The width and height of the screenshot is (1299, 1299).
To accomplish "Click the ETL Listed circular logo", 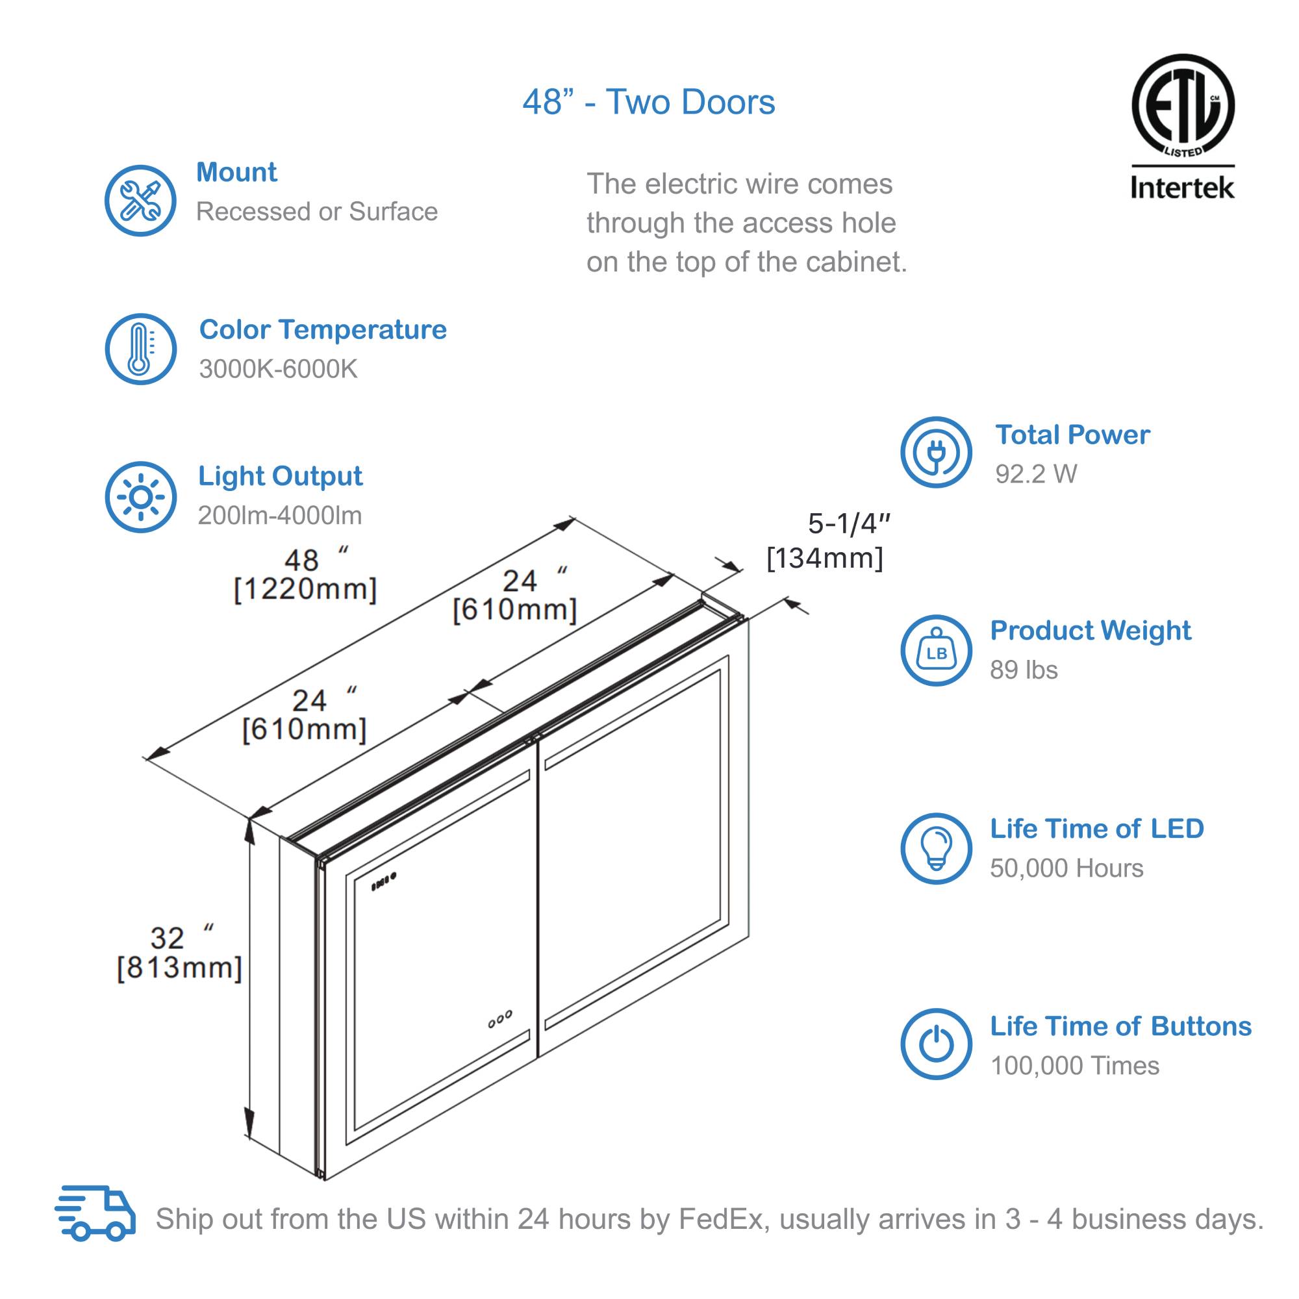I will click(x=1182, y=107).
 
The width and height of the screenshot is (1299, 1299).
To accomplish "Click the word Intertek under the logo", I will click(x=1182, y=188).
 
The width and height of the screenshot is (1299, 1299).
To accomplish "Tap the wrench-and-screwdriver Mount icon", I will click(x=140, y=200).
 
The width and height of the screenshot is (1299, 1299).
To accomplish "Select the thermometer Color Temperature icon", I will click(x=140, y=349).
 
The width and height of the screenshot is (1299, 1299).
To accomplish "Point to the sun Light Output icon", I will click(x=140, y=497).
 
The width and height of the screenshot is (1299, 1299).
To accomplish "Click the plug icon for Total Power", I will click(x=936, y=453).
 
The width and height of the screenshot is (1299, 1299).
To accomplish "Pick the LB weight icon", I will click(x=936, y=650).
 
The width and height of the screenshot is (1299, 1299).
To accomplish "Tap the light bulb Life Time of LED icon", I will click(x=936, y=848).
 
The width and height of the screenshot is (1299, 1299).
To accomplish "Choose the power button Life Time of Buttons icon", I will click(x=936, y=1044).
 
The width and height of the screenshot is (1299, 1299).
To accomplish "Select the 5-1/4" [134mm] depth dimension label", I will click(x=827, y=541).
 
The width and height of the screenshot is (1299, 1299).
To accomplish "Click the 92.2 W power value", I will click(x=1035, y=474).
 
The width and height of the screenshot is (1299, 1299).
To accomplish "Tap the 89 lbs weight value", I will click(x=1024, y=670).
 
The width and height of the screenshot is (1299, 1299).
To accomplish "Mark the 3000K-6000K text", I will click(x=278, y=369).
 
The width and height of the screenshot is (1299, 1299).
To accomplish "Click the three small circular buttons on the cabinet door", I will click(x=499, y=1019).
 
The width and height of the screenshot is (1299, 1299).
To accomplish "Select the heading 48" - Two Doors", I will click(x=649, y=102).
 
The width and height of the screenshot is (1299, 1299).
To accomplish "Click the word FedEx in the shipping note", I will click(x=722, y=1219).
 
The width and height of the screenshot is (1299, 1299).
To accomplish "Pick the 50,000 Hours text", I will click(x=1066, y=868).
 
